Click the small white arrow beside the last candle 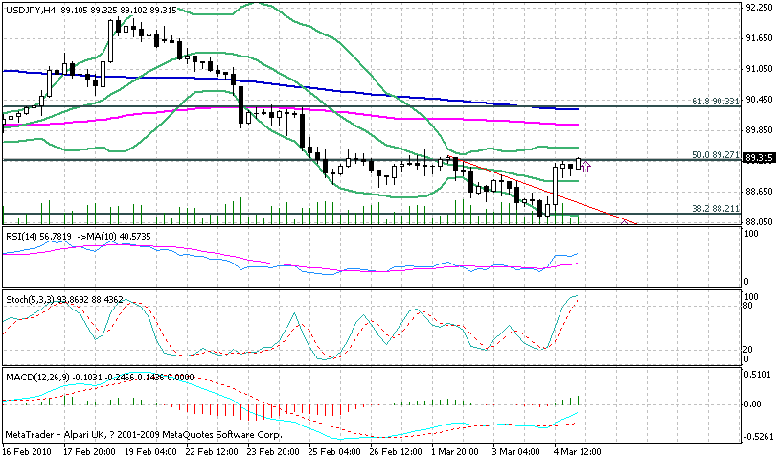pyautogui.click(x=585, y=166)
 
